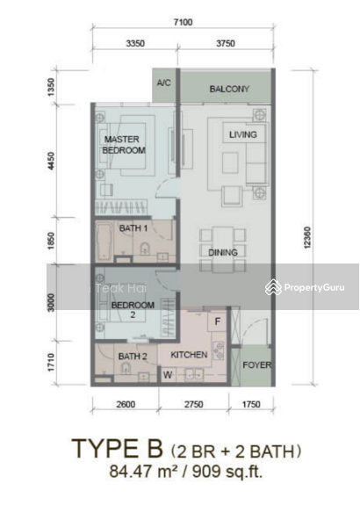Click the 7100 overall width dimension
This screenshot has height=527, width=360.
(184, 23)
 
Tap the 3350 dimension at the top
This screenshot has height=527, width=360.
(135, 43)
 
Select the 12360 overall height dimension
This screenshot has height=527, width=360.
(307, 238)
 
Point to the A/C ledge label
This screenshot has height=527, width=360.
(163, 83)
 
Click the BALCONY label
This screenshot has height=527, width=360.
(229, 89)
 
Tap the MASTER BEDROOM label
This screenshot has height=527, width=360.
(124, 145)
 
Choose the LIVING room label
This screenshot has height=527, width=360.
(242, 134)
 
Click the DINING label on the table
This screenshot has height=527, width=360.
(222, 252)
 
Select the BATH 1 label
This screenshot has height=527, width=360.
(133, 228)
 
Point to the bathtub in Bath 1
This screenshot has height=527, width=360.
(104, 241)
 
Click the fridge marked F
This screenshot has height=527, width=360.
(218, 322)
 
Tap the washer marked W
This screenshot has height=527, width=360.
(168, 375)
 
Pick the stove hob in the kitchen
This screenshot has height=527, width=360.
(219, 350)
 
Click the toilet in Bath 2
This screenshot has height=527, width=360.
(126, 370)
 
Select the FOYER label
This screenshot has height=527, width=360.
(256, 365)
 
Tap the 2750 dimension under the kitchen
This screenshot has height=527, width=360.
(193, 404)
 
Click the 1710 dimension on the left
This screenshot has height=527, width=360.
(51, 362)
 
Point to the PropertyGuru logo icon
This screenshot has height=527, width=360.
(273, 288)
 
